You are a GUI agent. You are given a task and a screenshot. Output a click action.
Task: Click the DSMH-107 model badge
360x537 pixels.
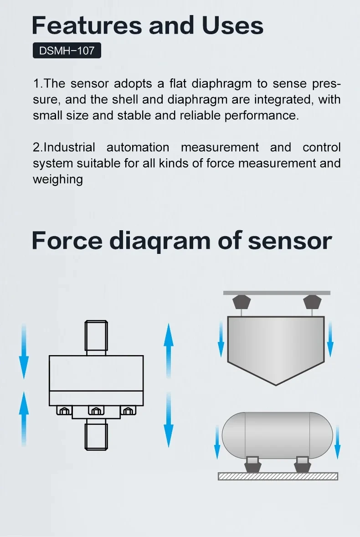(x=67, y=50)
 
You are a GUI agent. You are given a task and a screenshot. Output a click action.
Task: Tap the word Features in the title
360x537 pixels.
(x=87, y=26)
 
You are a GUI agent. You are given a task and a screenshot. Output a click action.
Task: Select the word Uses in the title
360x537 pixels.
(x=233, y=26)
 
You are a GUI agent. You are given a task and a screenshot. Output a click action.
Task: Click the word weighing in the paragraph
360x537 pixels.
(x=58, y=180)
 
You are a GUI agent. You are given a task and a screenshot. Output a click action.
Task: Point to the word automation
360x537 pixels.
(x=138, y=147)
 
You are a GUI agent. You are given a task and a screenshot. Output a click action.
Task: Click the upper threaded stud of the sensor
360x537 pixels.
(x=96, y=338)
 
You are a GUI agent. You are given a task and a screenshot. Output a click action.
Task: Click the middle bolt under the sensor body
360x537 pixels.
(x=96, y=410)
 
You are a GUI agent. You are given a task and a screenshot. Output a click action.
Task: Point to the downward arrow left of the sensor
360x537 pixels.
(x=24, y=351)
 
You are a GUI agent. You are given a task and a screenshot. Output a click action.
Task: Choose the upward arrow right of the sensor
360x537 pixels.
(x=168, y=351)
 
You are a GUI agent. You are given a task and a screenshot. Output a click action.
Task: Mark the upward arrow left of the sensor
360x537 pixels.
(x=24, y=419)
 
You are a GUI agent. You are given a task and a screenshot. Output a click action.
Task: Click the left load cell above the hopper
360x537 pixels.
(x=242, y=302)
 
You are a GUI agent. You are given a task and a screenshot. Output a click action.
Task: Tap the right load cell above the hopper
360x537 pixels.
(x=312, y=302)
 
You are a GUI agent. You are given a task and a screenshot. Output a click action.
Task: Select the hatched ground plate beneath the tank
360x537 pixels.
(x=278, y=476)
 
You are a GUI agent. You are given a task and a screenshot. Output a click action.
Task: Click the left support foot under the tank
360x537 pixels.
(x=253, y=465)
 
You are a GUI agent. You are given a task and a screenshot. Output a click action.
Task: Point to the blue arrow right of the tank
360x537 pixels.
(x=337, y=442)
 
